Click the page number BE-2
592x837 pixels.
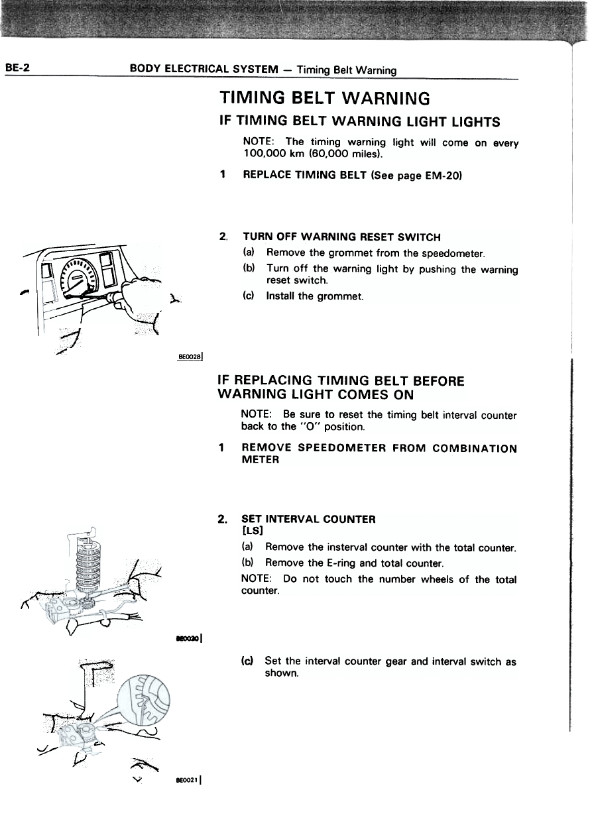point(15,68)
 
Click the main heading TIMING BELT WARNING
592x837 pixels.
point(325,99)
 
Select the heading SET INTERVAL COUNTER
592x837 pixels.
point(308,520)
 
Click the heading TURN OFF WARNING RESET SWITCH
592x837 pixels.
point(341,237)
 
